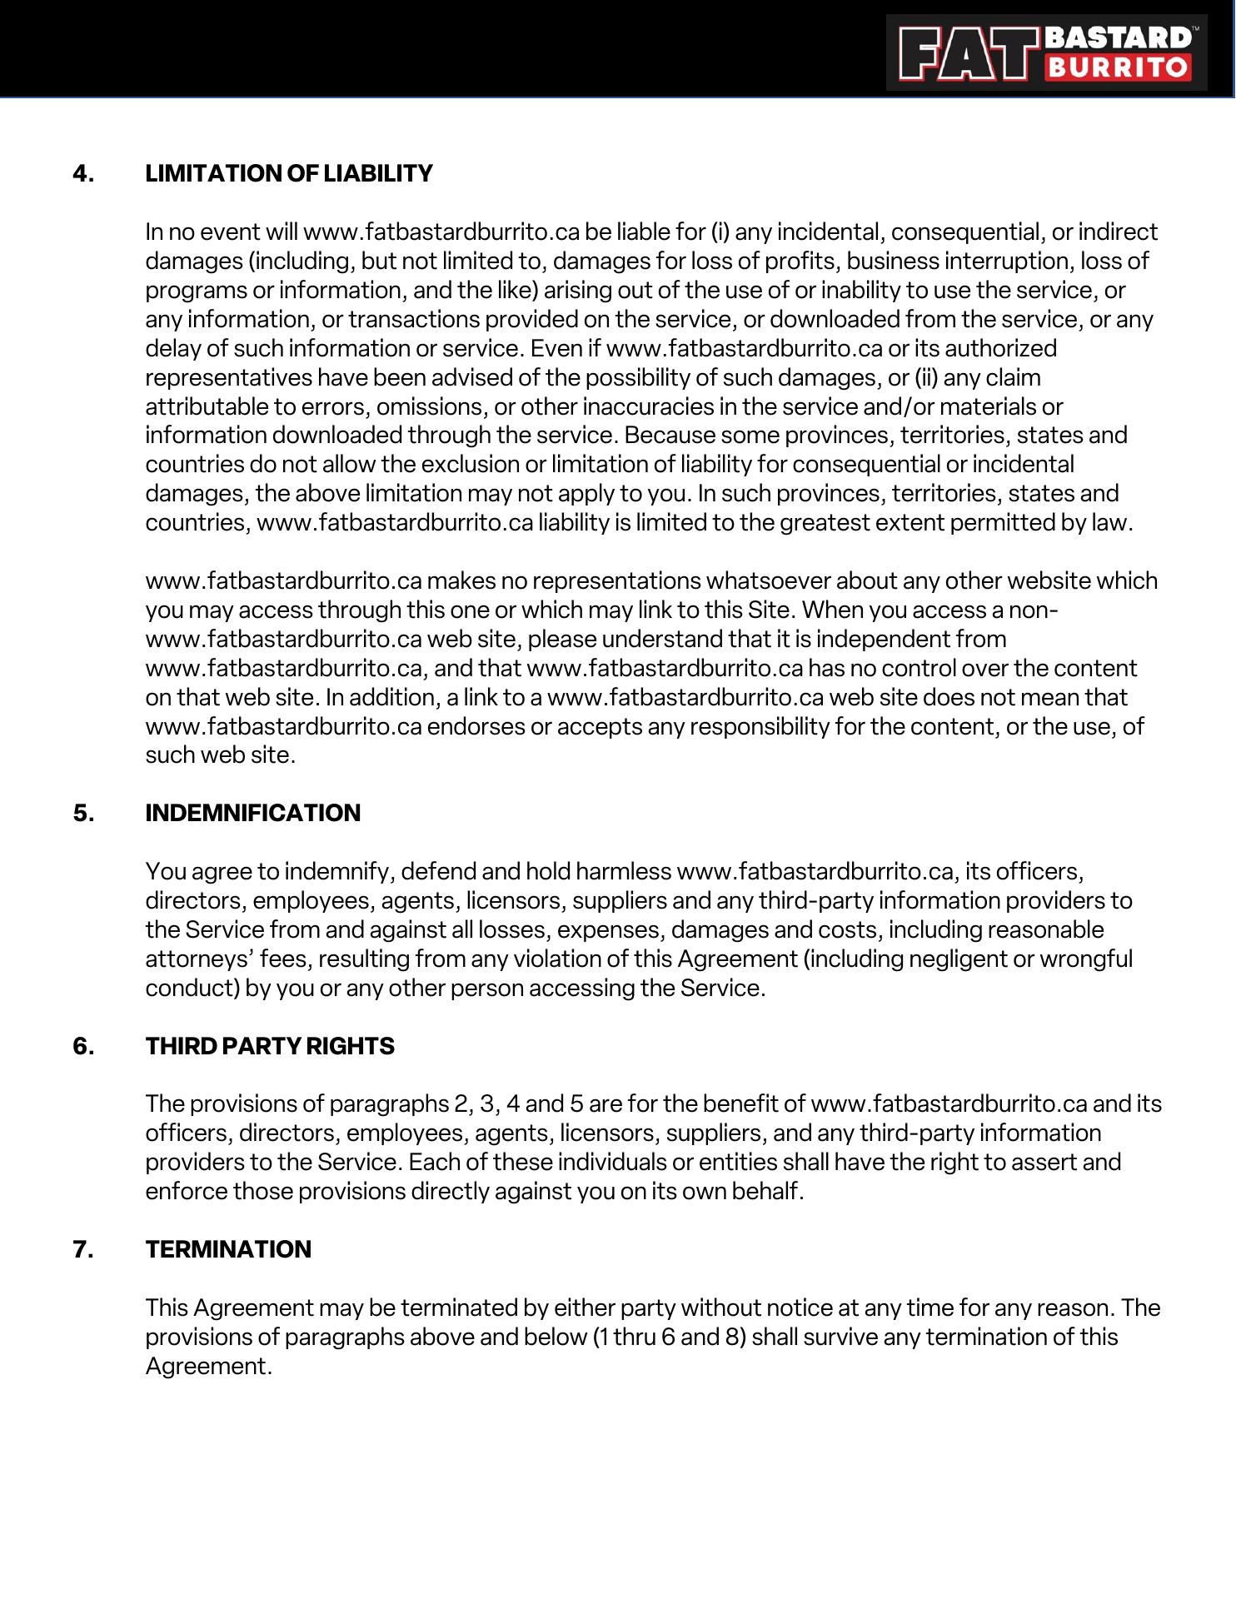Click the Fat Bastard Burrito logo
coord(1046,52)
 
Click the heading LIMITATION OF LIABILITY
coord(289,173)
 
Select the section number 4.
coord(83,173)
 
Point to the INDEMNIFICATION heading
coord(252,813)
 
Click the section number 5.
coord(83,813)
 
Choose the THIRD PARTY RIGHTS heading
coord(270,1046)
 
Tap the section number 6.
coord(83,1046)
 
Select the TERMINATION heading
coord(228,1249)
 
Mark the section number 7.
coord(83,1249)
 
